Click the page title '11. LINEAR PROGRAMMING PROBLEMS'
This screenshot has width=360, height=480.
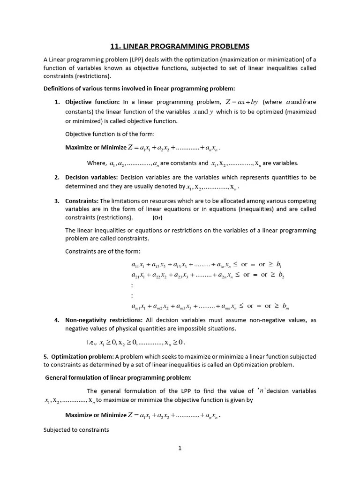(x=180, y=46)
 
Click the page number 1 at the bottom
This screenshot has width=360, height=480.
(x=180, y=448)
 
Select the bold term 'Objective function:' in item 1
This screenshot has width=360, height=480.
(x=92, y=102)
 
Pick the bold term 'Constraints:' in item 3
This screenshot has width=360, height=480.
(x=82, y=201)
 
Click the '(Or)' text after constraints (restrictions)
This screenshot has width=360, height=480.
(x=157, y=218)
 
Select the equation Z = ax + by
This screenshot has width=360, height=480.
(x=241, y=102)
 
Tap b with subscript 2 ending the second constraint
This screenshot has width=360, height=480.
(x=281, y=275)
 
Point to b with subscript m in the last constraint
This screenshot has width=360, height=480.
(x=285, y=306)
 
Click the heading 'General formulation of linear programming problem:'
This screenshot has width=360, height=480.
(x=118, y=377)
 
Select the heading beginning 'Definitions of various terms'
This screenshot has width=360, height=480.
(x=139, y=88)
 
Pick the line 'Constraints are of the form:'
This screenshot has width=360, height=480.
(x=109, y=252)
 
